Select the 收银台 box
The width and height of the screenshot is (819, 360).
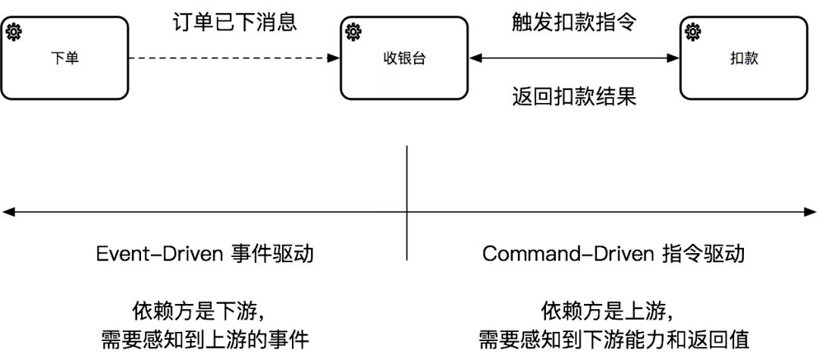(403, 58)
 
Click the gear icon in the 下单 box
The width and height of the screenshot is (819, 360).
(14, 31)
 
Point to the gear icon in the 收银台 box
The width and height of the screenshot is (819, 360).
(353, 31)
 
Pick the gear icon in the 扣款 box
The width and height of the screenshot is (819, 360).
(692, 31)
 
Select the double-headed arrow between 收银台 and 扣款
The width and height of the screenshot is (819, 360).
(573, 58)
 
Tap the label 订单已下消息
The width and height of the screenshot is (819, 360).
(232, 22)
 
